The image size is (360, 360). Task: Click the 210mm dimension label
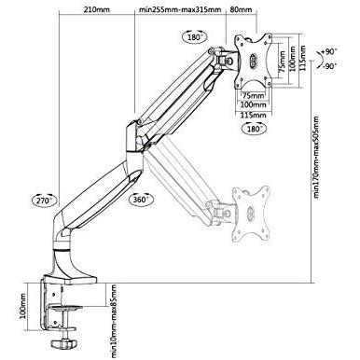[x=96, y=9]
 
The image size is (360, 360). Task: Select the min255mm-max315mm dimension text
[x=180, y=9]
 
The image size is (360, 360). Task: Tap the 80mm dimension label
[x=241, y=9]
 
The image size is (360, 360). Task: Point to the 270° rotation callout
[x=45, y=201]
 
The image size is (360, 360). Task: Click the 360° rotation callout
[x=141, y=200]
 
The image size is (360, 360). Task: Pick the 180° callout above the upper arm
[x=195, y=37]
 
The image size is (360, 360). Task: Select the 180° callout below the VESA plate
[x=255, y=128]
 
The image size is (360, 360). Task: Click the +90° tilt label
[x=329, y=51]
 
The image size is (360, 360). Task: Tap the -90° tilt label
[x=329, y=66]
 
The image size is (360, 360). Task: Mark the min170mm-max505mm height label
[x=316, y=158]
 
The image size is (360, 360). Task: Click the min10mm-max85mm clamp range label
[x=114, y=321]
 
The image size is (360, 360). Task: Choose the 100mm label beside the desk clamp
[x=23, y=306]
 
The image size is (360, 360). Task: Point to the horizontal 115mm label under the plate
[x=254, y=115]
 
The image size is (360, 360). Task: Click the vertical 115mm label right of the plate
[x=303, y=59]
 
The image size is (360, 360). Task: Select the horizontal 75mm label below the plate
[x=254, y=95]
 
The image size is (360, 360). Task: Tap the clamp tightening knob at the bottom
[x=63, y=344]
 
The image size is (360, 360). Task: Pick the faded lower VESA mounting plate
[x=251, y=215]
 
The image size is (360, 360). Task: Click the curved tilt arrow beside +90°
[x=319, y=59]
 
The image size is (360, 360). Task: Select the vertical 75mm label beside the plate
[x=282, y=62]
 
